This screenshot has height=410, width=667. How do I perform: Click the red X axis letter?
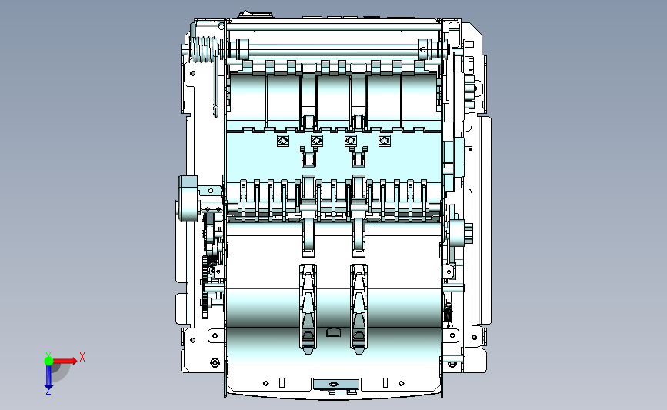82,357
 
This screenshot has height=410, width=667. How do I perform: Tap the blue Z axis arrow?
48,377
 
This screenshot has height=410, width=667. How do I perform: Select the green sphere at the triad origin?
48,361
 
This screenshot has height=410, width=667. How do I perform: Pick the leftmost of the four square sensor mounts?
282,140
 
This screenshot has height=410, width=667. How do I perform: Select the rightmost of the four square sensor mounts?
385,140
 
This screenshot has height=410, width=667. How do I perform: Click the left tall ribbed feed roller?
308,308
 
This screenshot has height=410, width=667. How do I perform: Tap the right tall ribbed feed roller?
359,308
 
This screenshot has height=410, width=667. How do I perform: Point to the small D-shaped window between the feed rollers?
333,332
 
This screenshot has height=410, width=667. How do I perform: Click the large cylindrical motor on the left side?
188,198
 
